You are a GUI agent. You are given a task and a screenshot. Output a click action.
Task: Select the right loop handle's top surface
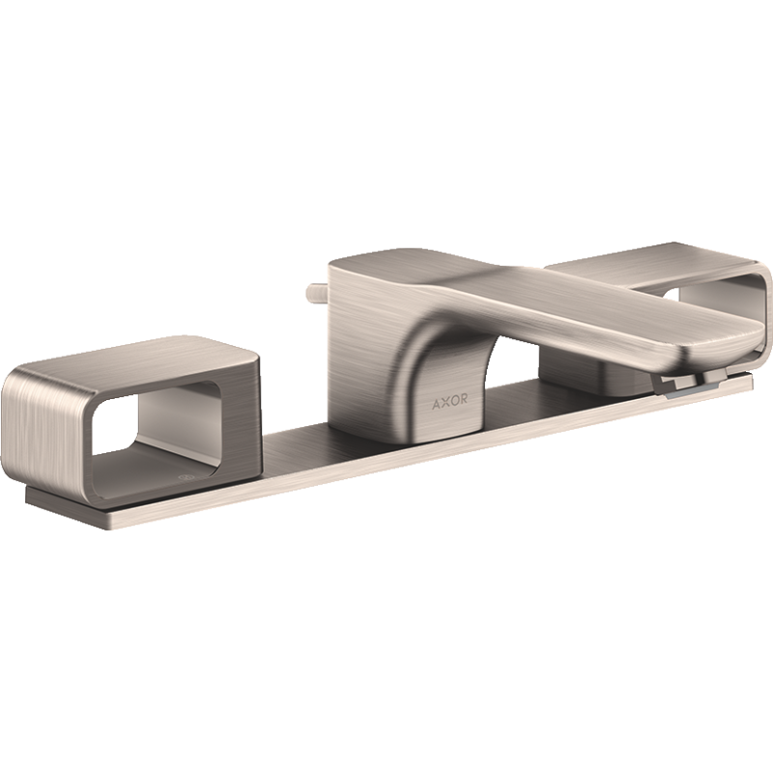click(x=650, y=260)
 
